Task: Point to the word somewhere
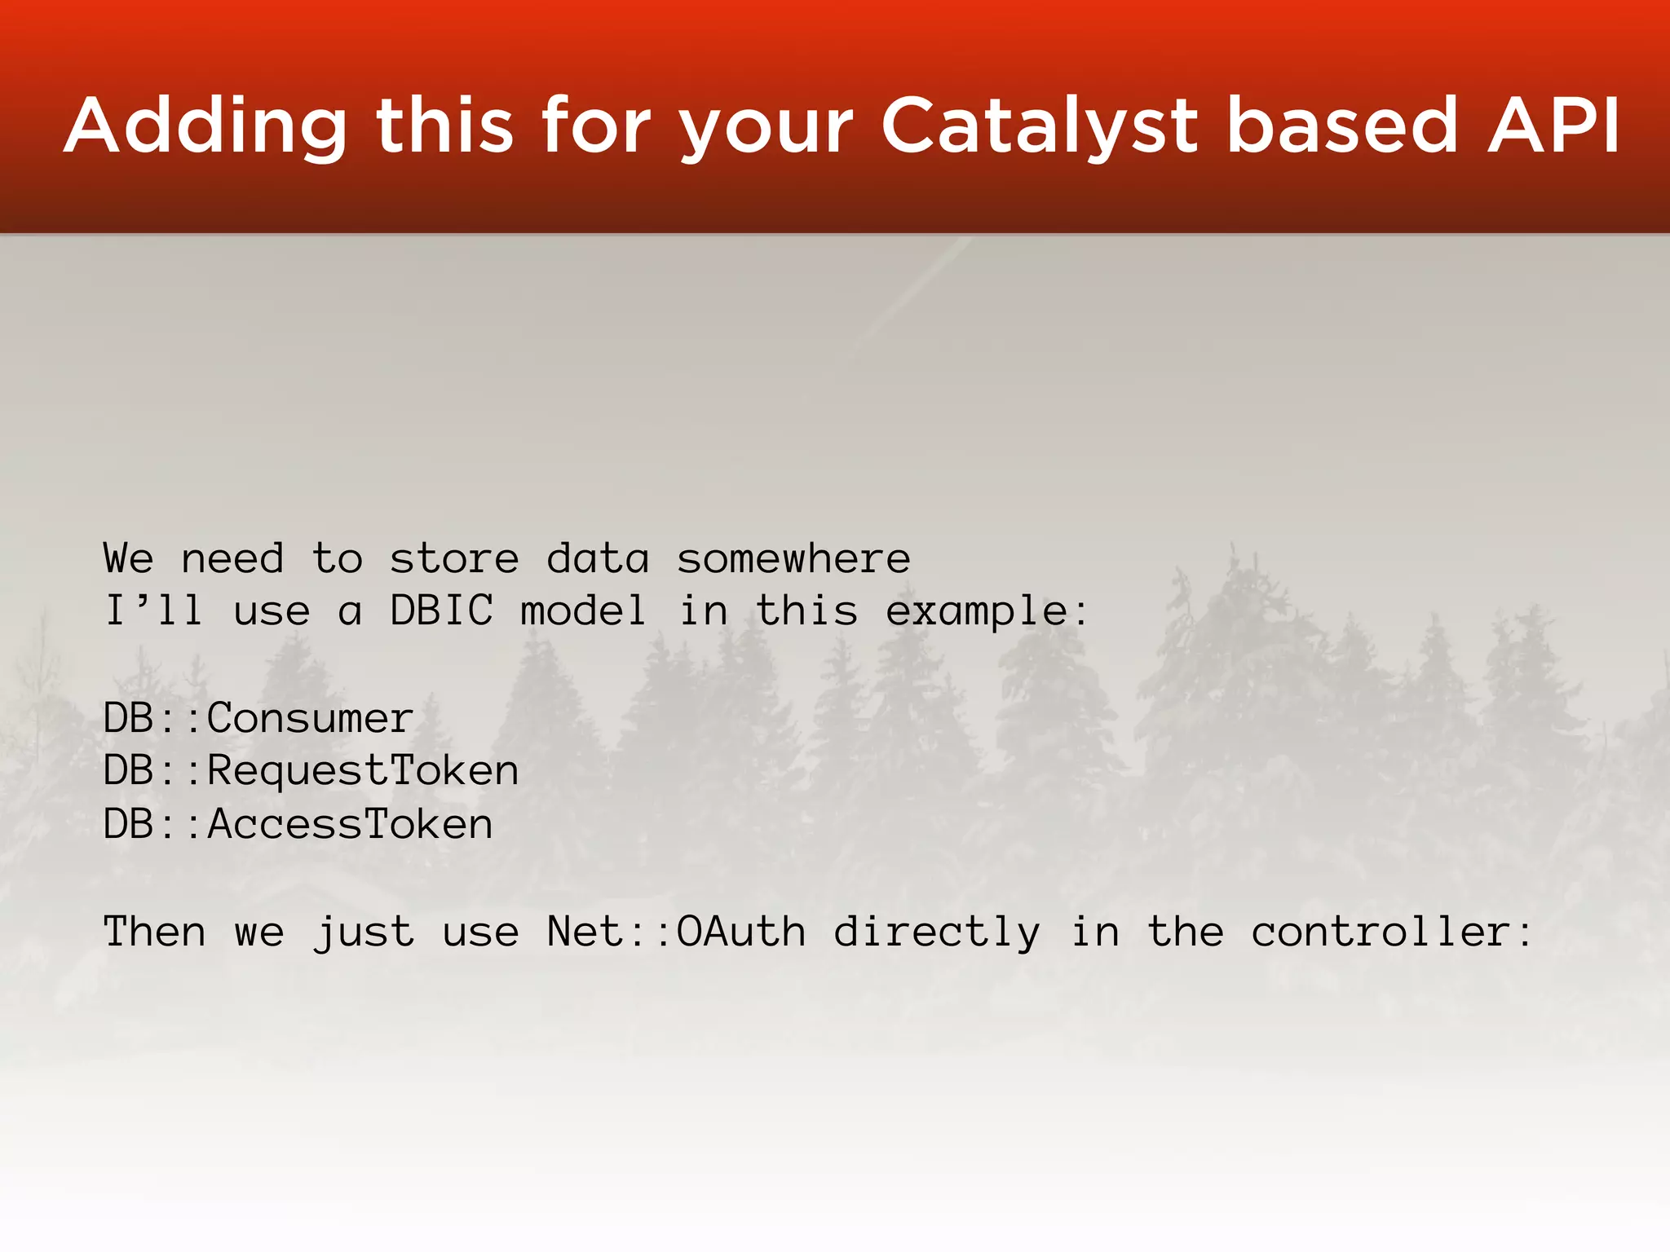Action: coord(793,559)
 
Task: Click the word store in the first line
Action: coord(453,559)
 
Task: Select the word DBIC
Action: coord(441,611)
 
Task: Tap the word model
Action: coord(583,611)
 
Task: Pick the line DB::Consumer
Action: coord(258,719)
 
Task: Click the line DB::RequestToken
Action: coord(310,771)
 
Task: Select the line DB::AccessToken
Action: coord(298,824)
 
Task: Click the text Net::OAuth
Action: coord(676,932)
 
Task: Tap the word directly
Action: coord(936,932)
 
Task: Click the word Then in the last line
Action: coord(154,932)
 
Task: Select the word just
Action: coord(364,932)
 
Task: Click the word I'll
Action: coord(153,611)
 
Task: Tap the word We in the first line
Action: coord(128,559)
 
